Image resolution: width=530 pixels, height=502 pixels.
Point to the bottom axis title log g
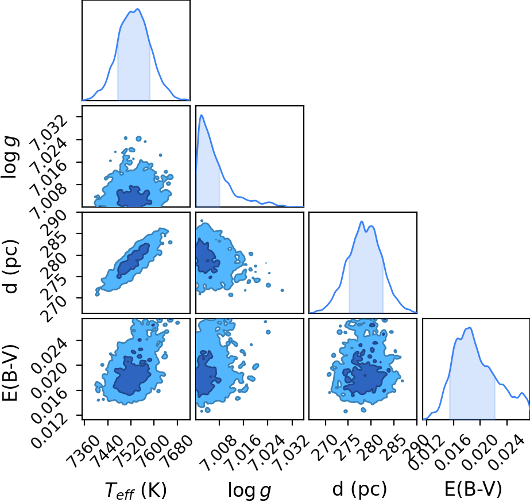(x=249, y=490)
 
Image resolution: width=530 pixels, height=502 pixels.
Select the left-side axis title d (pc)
(x=11, y=266)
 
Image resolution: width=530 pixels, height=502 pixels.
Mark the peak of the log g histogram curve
(x=202, y=115)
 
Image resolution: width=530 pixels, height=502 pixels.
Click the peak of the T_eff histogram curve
(x=138, y=9)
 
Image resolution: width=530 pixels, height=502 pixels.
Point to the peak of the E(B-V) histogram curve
(x=470, y=327)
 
